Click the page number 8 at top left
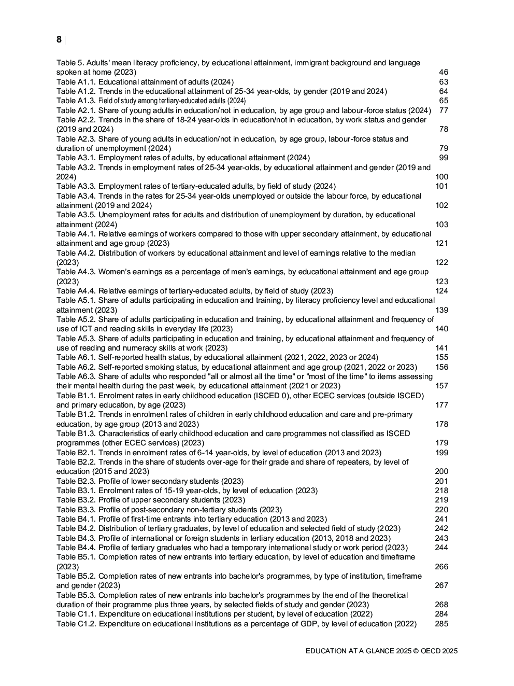pos(59,39)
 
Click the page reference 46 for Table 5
pos(444,72)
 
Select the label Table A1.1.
pos(76,82)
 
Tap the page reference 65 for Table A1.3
pos(444,101)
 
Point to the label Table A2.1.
pos(76,110)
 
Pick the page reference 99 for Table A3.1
pos(444,158)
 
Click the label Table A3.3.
pos(76,186)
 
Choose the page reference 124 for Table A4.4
pos(441,291)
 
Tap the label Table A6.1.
pos(76,357)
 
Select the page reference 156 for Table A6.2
pos(441,367)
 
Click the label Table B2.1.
pos(76,453)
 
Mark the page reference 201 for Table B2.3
pos(441,481)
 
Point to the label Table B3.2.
pos(76,500)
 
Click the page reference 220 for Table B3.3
pos(441,510)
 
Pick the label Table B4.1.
pos(76,519)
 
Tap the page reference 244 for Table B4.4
pos(441,548)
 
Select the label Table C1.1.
pos(76,614)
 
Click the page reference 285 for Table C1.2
pos(441,624)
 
